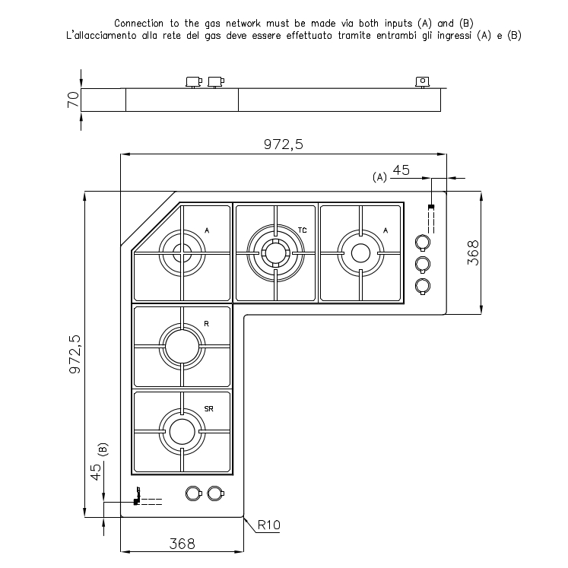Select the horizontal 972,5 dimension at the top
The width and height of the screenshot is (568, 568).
283,146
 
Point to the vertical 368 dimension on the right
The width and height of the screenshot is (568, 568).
472,252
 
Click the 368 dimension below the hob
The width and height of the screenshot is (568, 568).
181,544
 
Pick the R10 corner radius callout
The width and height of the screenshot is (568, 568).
270,525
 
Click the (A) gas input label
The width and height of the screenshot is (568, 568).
380,177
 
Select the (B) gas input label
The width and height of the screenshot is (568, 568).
103,449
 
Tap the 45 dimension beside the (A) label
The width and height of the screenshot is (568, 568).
401,170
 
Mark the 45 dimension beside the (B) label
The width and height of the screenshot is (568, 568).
96,472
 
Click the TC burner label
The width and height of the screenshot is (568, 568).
302,230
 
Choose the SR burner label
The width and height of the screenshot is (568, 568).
208,409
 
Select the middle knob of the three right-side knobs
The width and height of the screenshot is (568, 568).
423,264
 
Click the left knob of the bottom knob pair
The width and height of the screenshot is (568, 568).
193,493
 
